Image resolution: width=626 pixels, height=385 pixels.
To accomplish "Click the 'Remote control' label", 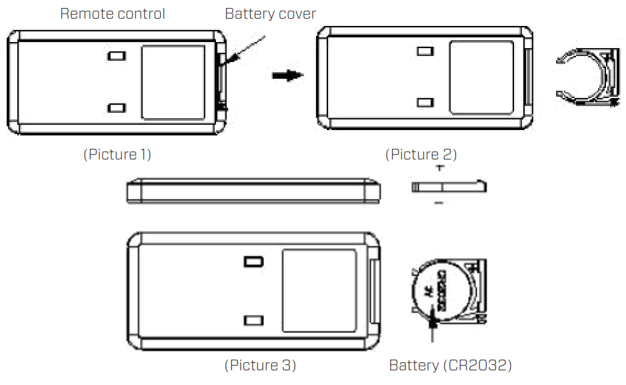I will (x=112, y=13).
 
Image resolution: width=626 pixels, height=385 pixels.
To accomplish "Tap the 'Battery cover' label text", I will (x=270, y=13).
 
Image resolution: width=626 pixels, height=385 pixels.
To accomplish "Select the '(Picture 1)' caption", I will (x=117, y=155).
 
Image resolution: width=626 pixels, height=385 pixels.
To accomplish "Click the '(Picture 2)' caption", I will (x=421, y=155).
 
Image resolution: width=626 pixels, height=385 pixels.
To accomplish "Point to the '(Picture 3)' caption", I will (x=260, y=366).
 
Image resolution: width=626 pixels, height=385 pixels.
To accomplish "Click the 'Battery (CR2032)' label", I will (x=450, y=366).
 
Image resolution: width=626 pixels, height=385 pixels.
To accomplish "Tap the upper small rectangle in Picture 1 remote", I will (x=117, y=57).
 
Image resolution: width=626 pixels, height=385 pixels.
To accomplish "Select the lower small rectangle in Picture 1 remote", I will (x=117, y=107).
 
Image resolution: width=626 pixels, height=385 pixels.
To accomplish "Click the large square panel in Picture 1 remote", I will (x=174, y=83).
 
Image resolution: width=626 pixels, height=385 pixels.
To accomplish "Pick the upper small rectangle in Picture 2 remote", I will (x=425, y=51).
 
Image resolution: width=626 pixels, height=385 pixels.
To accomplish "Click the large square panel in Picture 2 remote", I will (x=481, y=77).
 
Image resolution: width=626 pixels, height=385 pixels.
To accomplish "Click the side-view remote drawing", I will (x=254, y=190).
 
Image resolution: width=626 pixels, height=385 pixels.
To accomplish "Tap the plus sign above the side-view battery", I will (x=439, y=169).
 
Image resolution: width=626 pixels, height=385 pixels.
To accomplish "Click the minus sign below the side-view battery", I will (x=438, y=201).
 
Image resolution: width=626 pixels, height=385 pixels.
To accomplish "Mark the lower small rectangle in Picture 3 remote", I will (x=253, y=321).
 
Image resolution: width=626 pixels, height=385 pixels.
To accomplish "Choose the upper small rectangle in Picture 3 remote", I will (x=253, y=262).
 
